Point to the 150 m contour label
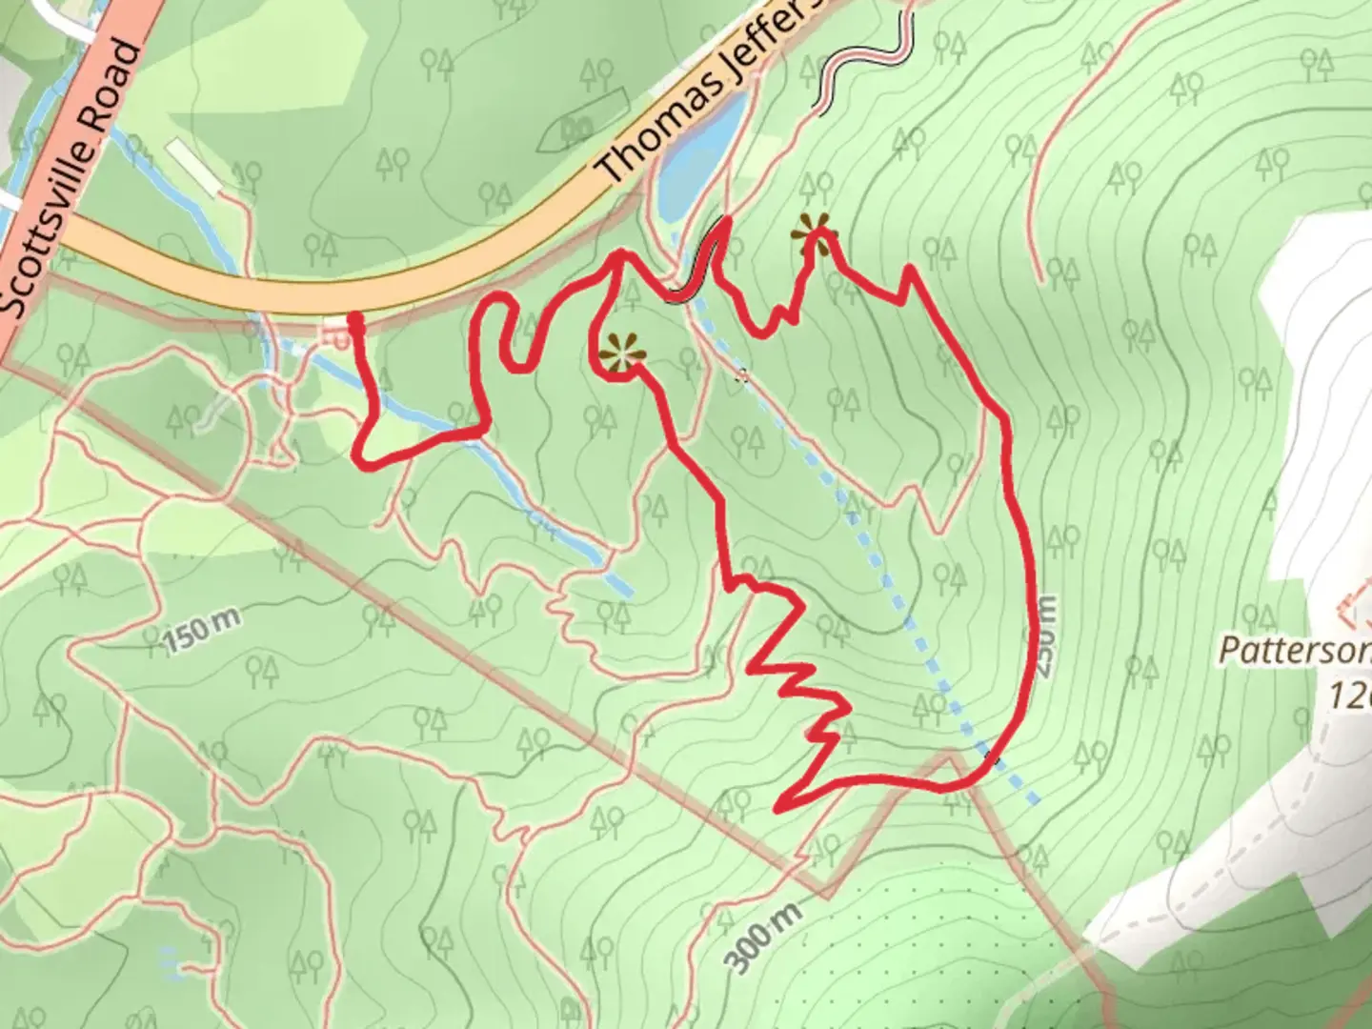tap(201, 630)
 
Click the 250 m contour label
tap(1045, 636)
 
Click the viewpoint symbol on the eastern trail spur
tap(814, 229)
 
